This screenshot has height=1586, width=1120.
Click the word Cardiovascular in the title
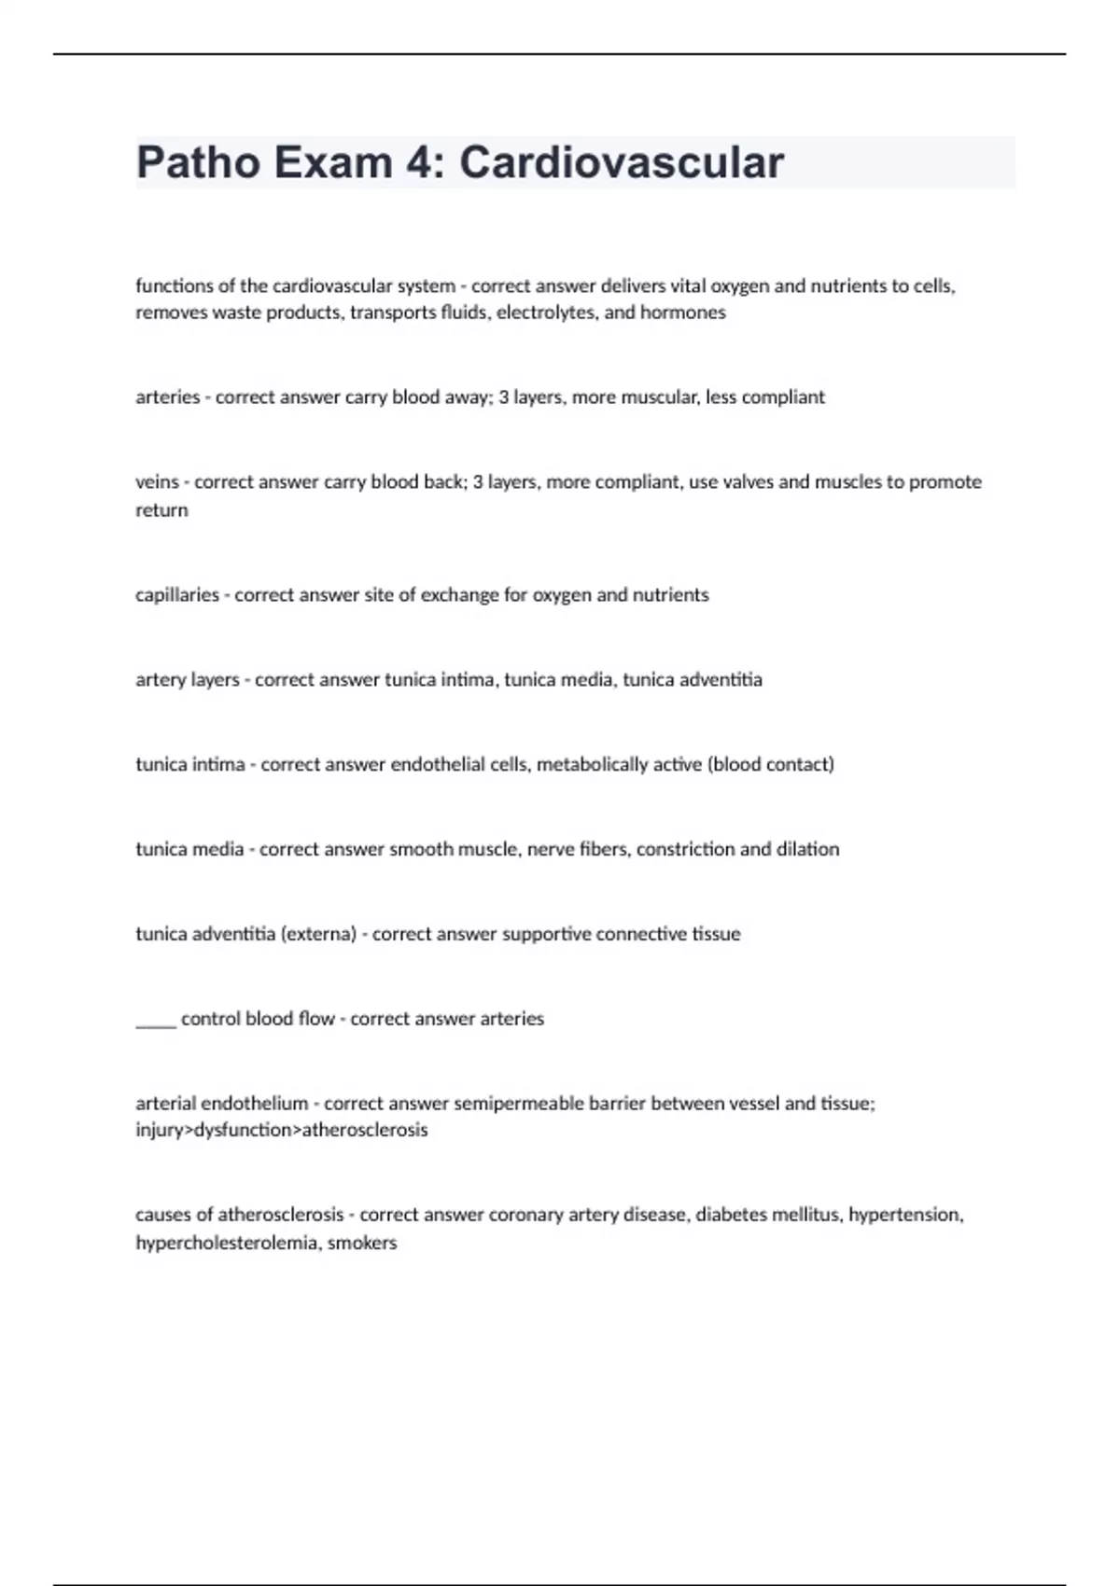pyautogui.click(x=621, y=162)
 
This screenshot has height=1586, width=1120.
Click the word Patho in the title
pyautogui.click(x=198, y=162)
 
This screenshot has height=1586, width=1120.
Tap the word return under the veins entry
pyautogui.click(x=161, y=510)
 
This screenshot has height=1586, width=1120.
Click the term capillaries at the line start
pyautogui.click(x=177, y=595)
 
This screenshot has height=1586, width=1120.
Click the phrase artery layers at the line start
pyautogui.click(x=188, y=680)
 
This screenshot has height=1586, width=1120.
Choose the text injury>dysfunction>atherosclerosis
pyautogui.click(x=282, y=1131)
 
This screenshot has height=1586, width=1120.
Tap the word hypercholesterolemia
pyautogui.click(x=227, y=1244)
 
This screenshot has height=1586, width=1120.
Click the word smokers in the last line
pyautogui.click(x=362, y=1244)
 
